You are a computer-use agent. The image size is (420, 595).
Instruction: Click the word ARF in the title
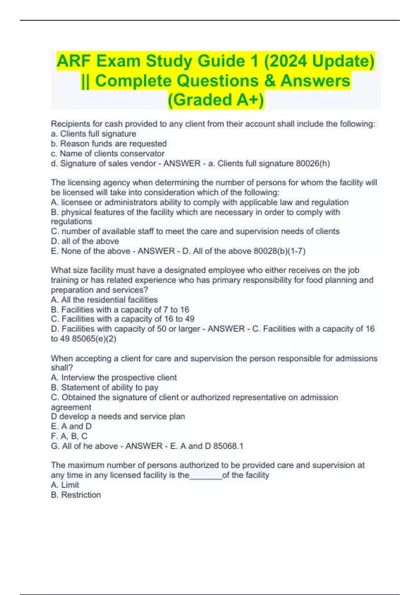point(74,61)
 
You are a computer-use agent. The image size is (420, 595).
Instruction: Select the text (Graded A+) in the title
point(216,100)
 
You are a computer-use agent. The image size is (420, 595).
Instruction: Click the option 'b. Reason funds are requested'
point(109,143)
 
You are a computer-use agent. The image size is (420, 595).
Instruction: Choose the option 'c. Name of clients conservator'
point(107,153)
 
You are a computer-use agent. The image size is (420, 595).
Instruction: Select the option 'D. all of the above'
point(85,241)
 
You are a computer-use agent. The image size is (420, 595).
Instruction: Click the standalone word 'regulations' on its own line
point(71,222)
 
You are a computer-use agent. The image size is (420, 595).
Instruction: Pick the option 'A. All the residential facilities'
point(104,300)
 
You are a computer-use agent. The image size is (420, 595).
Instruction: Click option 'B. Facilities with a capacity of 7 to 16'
point(120,309)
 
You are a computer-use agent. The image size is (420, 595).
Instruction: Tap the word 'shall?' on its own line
point(62,368)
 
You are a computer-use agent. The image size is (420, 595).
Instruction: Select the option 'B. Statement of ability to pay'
point(105,387)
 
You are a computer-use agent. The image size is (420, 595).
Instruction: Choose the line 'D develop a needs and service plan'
point(118,416)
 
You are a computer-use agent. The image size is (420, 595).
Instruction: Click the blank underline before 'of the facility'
point(206,476)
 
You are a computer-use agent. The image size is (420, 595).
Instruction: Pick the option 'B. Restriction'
point(76,495)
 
